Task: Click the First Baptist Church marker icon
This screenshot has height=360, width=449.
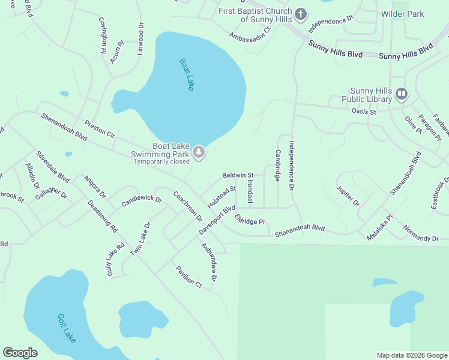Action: point(301,13)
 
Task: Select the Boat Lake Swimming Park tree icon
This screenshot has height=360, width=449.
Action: point(199,153)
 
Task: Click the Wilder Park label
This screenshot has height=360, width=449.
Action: point(402,14)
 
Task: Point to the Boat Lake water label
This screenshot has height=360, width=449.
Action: point(186,74)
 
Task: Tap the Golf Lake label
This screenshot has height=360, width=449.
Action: point(67,328)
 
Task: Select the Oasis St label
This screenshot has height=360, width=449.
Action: point(363,112)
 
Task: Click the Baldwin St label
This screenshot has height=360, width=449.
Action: point(238,175)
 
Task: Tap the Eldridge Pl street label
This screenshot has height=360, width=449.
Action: point(250,219)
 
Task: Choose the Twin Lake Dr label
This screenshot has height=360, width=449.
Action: point(140,239)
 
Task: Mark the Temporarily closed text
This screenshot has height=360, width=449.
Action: point(161,161)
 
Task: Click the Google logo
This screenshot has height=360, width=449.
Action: point(20,353)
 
